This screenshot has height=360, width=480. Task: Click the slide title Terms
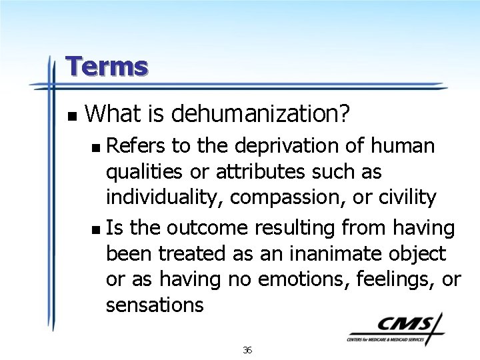pos(107,67)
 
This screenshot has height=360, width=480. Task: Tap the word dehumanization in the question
pos(260,114)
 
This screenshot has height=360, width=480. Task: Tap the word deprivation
pos(274,145)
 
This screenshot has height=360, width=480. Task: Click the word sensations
pos(155,305)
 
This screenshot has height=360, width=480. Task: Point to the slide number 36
pos(247,350)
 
